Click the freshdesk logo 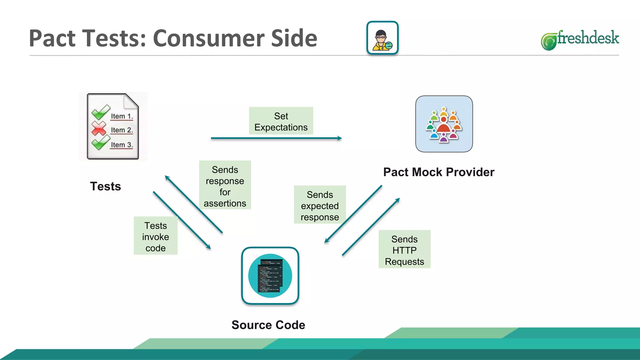[x=580, y=39]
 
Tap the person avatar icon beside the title [x=382, y=38]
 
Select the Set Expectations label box [x=281, y=121]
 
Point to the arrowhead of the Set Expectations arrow [x=340, y=138]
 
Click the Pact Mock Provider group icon [x=444, y=124]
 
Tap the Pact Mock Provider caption [x=439, y=172]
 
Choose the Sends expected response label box [x=320, y=205]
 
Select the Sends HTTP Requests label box [x=404, y=249]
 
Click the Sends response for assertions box [x=225, y=185]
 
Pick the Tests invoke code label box [x=156, y=236]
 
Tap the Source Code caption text [x=268, y=325]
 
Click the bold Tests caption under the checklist [x=106, y=186]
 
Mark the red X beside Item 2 [x=99, y=128]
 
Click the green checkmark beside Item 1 [x=100, y=112]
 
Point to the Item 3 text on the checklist [x=122, y=145]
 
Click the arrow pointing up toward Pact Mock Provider [x=371, y=227]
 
